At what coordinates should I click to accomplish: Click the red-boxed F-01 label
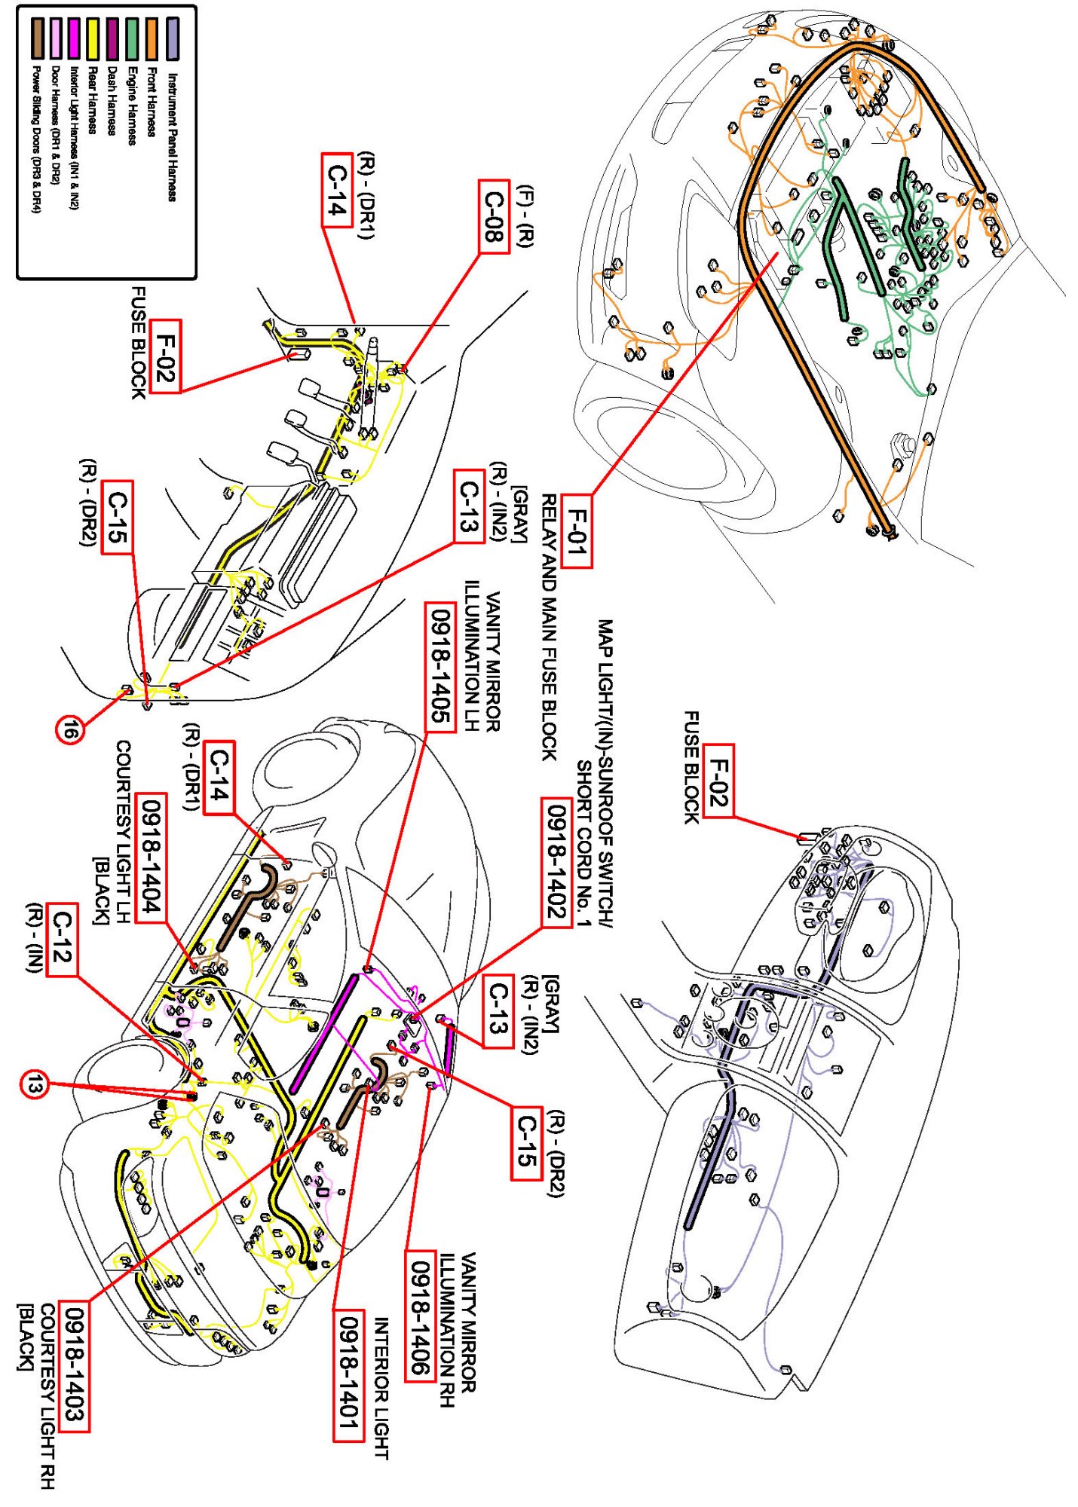click(576, 532)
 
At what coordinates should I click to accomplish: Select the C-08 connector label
click(494, 217)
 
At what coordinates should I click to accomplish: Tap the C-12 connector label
click(62, 939)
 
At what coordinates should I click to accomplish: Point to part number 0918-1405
click(440, 666)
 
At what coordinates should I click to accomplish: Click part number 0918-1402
click(556, 862)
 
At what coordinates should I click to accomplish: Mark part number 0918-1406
click(420, 1316)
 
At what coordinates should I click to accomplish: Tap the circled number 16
click(70, 729)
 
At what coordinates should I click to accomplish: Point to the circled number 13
click(33, 1084)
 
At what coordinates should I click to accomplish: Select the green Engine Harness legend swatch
click(132, 39)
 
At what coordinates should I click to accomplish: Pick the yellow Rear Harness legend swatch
click(93, 39)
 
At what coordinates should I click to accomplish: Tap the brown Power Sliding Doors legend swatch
click(35, 39)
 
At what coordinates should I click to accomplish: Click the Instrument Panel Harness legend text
click(172, 136)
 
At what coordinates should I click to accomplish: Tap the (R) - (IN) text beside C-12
click(34, 937)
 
